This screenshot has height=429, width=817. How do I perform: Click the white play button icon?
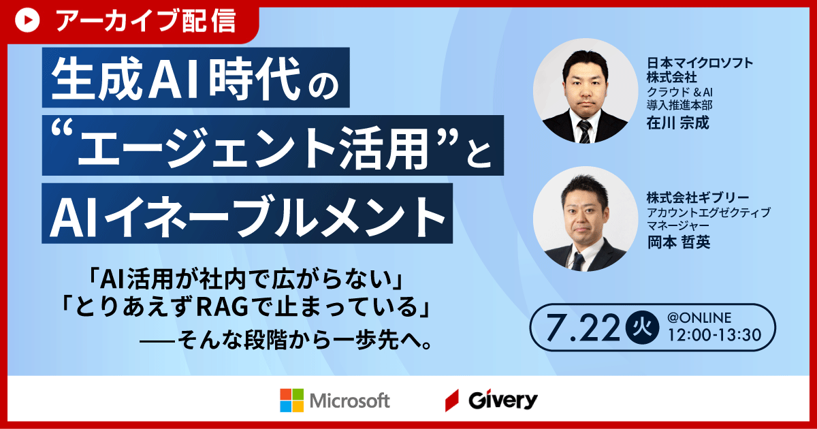coord(27,20)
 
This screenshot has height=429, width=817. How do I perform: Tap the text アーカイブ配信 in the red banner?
coord(146,21)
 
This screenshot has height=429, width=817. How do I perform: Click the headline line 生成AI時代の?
coord(196,78)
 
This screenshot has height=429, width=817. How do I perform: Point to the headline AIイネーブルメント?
coord(247,215)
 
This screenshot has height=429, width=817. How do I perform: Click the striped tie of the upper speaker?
coord(584,131)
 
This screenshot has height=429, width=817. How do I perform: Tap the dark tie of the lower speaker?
coord(577,261)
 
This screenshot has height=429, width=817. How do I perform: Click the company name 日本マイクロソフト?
coord(700,63)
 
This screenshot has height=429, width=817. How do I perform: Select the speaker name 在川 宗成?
coord(677,123)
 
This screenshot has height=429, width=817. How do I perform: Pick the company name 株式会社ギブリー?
coord(698,197)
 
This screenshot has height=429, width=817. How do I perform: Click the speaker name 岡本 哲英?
coord(679,242)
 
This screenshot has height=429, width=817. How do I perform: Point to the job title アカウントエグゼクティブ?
coord(709,212)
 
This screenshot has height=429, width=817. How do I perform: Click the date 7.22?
coord(583,328)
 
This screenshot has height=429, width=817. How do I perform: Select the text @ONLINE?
coord(699,318)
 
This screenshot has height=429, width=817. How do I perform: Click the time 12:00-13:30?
coord(714,335)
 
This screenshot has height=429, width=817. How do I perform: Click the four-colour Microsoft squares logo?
coord(292,400)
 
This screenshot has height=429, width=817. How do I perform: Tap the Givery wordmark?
coord(503,400)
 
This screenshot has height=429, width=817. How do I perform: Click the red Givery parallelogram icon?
coord(452,400)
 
